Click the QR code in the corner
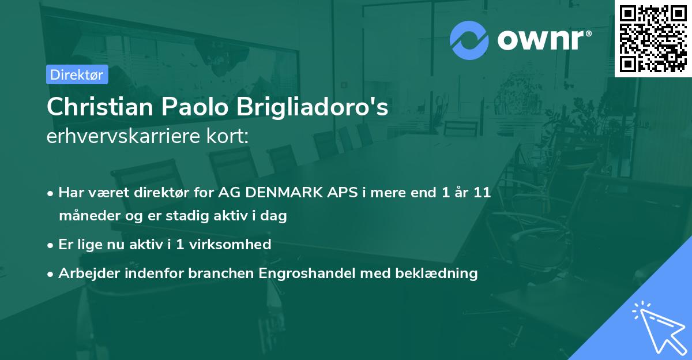(653, 39)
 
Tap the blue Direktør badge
(77, 74)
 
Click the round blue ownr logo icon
(469, 40)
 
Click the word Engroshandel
(304, 273)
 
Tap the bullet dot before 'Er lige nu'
(51, 245)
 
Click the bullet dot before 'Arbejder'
(51, 274)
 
